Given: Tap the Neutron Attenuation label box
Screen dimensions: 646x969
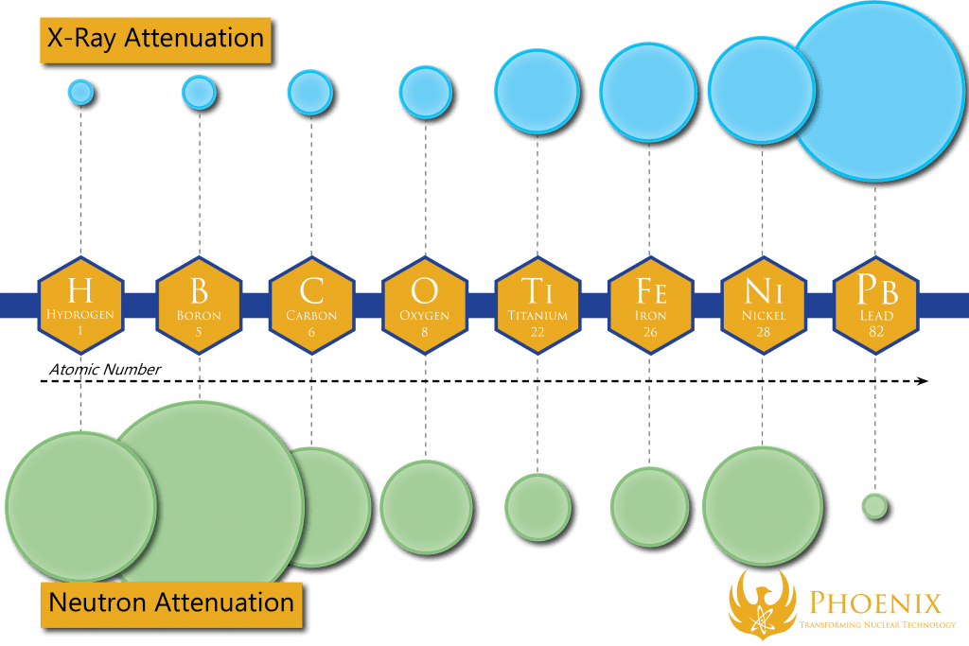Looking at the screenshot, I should pyautogui.click(x=171, y=602).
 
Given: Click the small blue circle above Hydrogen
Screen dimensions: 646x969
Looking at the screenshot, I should pyautogui.click(x=81, y=92).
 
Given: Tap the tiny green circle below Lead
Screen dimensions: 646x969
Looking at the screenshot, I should pyautogui.click(x=874, y=506).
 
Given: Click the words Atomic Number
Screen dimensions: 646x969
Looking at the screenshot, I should pyautogui.click(x=105, y=369).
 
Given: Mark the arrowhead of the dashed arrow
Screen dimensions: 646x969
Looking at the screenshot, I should pyautogui.click(x=922, y=381).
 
